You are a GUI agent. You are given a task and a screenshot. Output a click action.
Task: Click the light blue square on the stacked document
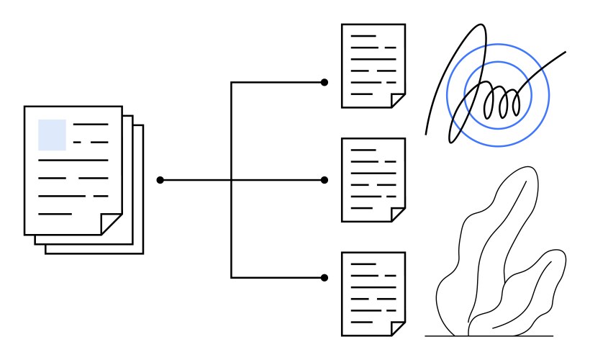[52, 135]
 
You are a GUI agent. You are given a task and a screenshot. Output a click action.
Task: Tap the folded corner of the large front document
[112, 224]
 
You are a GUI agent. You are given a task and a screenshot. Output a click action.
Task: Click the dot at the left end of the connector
[160, 179]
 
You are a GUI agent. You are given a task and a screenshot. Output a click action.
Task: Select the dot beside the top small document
[324, 83]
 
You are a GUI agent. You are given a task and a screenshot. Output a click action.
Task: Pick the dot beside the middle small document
[324, 179]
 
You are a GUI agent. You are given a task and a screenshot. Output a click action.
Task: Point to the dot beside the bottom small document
[324, 277]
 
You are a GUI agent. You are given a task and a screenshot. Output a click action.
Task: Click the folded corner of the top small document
[398, 99]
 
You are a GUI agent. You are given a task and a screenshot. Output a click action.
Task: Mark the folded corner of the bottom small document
[398, 328]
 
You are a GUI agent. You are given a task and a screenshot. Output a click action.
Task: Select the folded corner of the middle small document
[398, 215]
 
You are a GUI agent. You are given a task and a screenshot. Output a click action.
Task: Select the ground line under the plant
[489, 336]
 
